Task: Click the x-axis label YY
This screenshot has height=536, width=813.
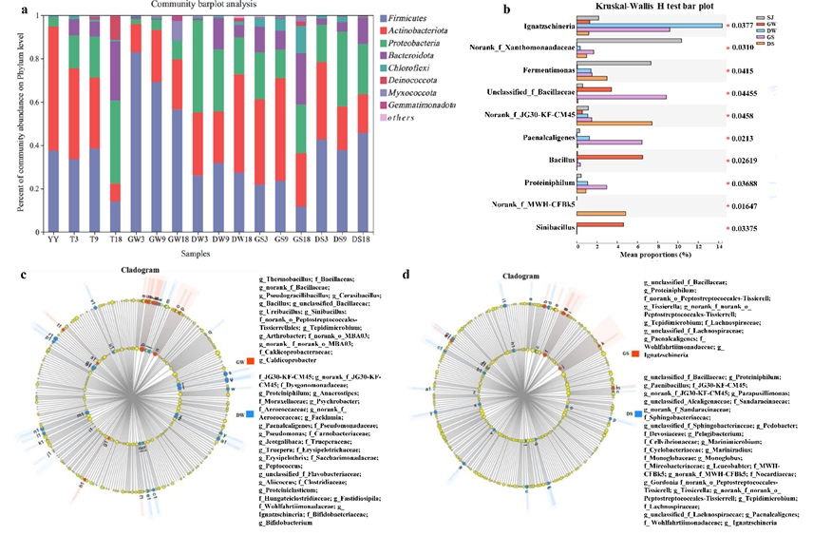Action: point(53,240)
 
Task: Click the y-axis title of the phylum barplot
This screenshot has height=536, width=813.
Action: point(18,123)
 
